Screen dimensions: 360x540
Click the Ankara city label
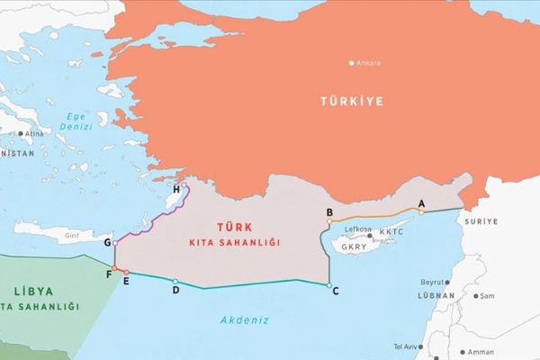[370, 64]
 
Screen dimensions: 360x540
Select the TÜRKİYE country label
[351, 102]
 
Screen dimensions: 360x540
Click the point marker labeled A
[421, 212]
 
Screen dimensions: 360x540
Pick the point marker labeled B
[330, 220]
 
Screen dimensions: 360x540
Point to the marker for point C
[327, 286]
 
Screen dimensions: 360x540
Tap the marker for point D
[175, 282]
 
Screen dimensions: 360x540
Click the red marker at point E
[126, 272]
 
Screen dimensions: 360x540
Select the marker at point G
[115, 243]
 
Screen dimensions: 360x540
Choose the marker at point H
[185, 187]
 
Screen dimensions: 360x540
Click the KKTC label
[393, 231]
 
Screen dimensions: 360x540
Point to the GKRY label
[355, 244]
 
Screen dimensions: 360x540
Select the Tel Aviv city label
[406, 346]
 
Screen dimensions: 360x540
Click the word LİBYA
[35, 292]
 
